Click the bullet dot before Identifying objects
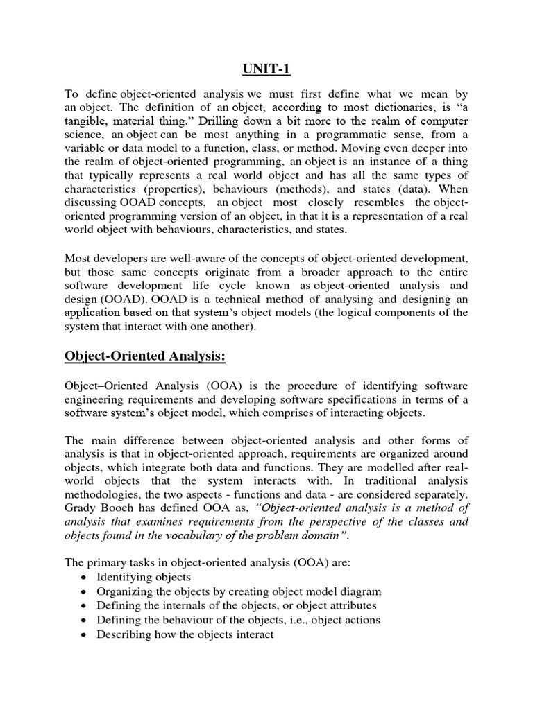[84, 577]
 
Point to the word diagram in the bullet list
[362, 591]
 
